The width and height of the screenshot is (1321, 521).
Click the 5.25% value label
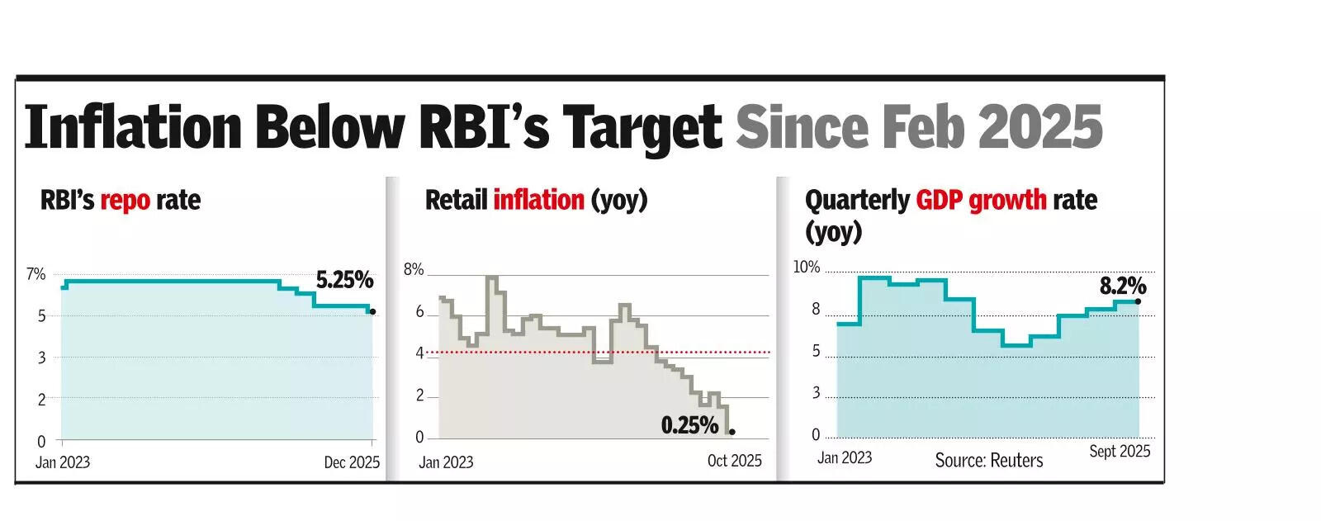(344, 280)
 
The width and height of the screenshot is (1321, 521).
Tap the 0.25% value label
(689, 425)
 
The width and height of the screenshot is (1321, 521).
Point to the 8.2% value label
(1123, 287)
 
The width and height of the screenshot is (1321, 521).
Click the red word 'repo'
(125, 201)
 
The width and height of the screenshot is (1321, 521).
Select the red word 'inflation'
(538, 201)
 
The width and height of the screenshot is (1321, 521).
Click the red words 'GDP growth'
(981, 201)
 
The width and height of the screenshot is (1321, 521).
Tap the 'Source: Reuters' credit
(988, 461)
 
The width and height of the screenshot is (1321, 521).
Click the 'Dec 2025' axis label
(352, 462)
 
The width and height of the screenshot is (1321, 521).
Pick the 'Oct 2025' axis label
(734, 461)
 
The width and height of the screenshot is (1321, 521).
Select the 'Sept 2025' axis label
(1120, 451)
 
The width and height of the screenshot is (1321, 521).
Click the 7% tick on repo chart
(36, 274)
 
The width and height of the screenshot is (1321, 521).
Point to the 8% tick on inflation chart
(414, 270)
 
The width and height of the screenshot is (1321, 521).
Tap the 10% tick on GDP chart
(807, 268)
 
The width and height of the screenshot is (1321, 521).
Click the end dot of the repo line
(372, 311)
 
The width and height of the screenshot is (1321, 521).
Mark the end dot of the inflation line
(732, 432)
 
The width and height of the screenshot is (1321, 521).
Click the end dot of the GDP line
(1139, 301)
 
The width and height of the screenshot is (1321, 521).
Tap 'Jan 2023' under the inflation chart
(446, 462)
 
